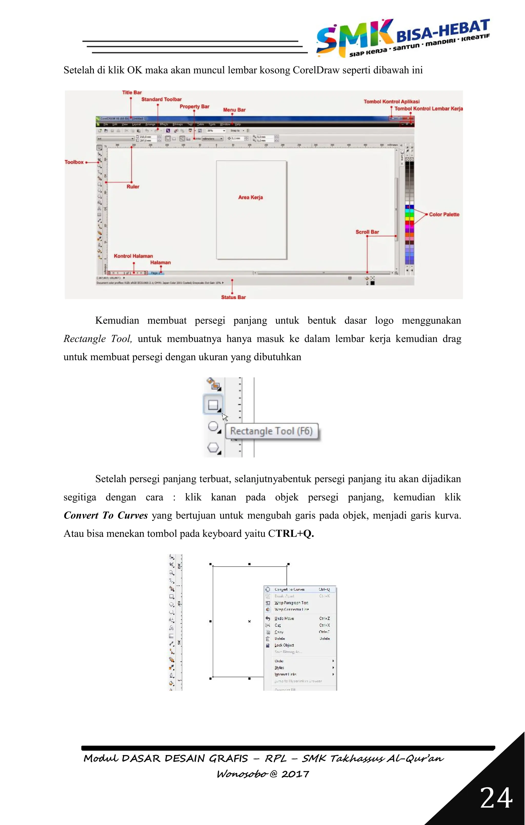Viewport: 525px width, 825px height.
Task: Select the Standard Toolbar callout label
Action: pos(161,99)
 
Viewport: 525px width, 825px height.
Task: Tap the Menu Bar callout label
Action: pos(234,110)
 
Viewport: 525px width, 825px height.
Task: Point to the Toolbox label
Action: pos(74,162)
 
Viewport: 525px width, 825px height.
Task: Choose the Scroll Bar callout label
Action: pos(367,232)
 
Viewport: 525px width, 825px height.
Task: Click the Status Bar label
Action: pos(233,297)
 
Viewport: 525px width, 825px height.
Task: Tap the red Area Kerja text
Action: pos(250,197)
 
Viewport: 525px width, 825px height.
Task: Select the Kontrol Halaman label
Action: pos(133,256)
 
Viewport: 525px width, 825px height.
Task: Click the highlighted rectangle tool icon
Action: pos(213,405)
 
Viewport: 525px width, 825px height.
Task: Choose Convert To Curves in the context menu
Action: pos(290,589)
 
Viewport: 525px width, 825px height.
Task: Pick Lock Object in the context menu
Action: pos(284,645)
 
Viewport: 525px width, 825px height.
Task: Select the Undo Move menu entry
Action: pos(284,618)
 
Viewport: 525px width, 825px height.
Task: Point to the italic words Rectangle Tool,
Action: pos(98,339)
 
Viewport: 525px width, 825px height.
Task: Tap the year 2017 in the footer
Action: pos(295,774)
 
